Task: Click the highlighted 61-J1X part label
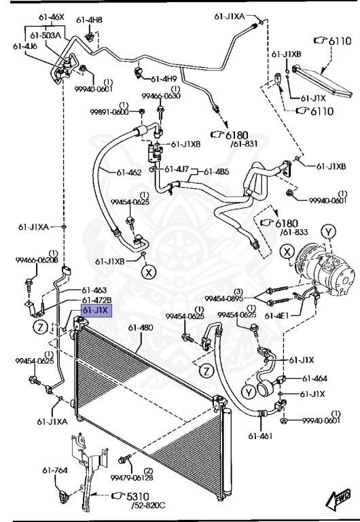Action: click(x=95, y=310)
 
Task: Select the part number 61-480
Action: click(x=141, y=328)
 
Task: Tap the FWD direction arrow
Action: click(x=341, y=500)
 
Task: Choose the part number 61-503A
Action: click(x=46, y=35)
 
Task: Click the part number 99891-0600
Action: click(x=111, y=111)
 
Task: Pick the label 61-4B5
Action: click(x=218, y=171)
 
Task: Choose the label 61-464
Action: click(x=314, y=379)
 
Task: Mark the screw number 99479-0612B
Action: click(x=139, y=478)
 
